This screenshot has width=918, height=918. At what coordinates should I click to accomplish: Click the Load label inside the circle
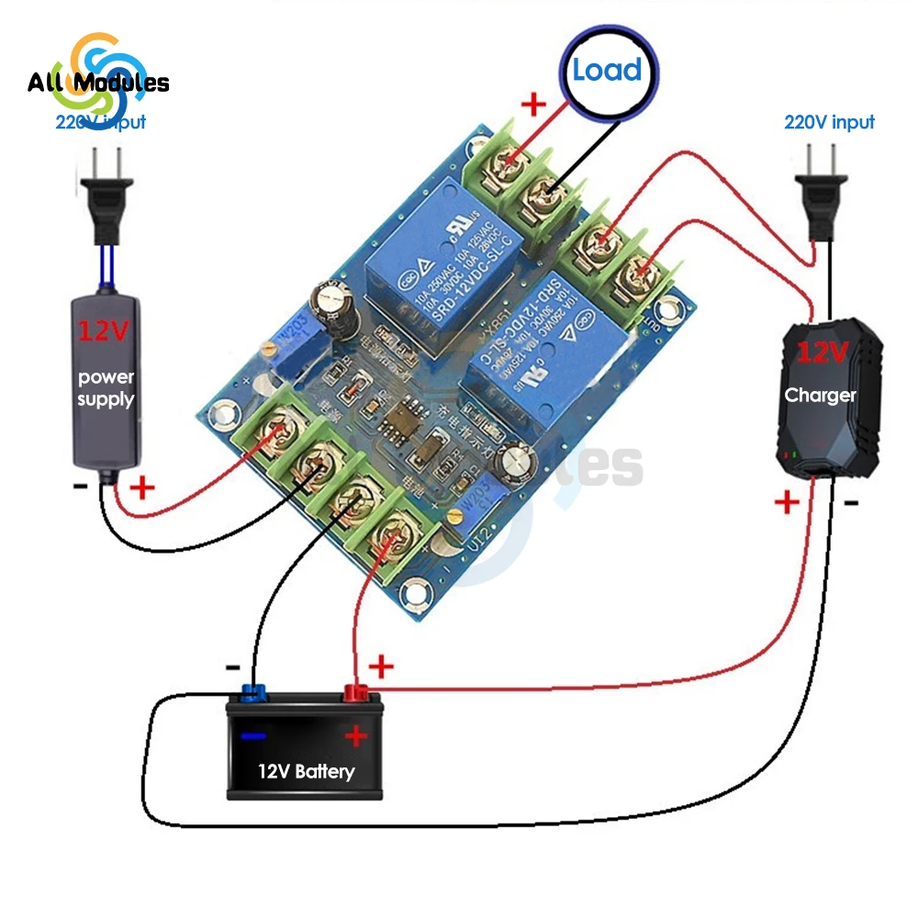pos(607,71)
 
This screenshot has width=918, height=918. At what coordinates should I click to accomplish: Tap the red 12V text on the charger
pos(823,352)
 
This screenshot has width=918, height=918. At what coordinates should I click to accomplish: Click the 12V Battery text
pos(306,771)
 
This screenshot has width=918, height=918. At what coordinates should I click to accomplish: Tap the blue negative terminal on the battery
pos(253,691)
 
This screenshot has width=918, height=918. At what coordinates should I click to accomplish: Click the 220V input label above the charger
pos(829,122)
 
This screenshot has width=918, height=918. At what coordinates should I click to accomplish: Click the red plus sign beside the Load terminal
pos(533,104)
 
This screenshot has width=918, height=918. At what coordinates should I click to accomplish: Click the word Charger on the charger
pos(820,396)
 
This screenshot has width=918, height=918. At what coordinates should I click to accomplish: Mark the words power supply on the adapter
pos(106,388)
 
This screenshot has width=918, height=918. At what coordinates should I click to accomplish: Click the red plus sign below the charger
pos(788,501)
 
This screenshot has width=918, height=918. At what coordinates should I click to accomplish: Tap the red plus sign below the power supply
pos(143,487)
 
